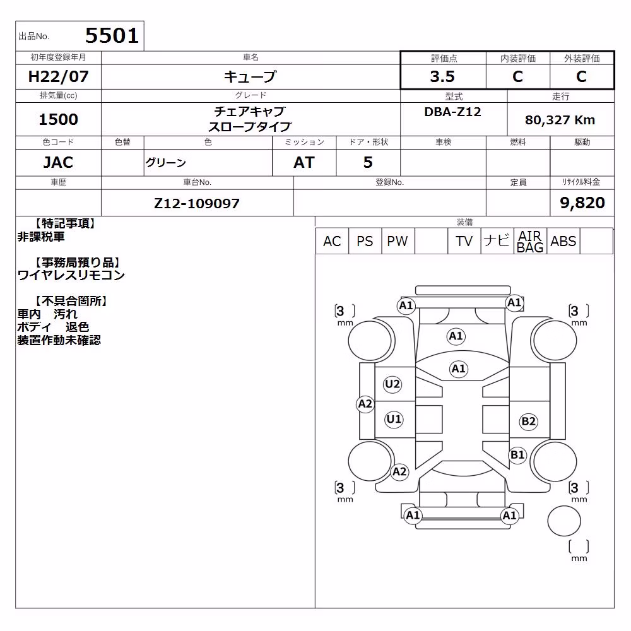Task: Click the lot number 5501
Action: click(112, 36)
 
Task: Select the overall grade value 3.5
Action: click(442, 76)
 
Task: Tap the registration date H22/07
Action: click(58, 76)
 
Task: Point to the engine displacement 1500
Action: click(58, 119)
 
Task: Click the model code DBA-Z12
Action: click(452, 112)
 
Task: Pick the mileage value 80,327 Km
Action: click(560, 120)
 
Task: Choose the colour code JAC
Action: click(58, 163)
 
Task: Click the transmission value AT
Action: click(304, 163)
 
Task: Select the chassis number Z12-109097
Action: click(197, 203)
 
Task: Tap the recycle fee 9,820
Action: click(582, 203)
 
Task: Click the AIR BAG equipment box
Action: click(531, 241)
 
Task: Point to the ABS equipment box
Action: click(563, 241)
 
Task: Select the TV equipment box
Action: click(464, 241)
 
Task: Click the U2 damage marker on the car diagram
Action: click(392, 384)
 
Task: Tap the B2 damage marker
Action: click(528, 422)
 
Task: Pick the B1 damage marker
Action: click(517, 455)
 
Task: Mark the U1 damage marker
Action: click(394, 420)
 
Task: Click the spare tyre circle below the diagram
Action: click(564, 521)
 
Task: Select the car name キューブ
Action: click(251, 76)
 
